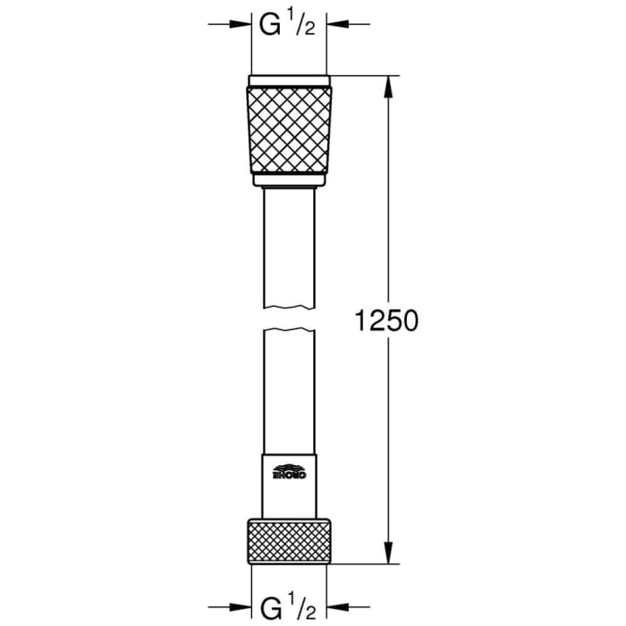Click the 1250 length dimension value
coord(385,320)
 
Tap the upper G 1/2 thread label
coord(287,25)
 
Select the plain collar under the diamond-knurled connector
coord(288,180)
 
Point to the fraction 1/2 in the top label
coord(302,25)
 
